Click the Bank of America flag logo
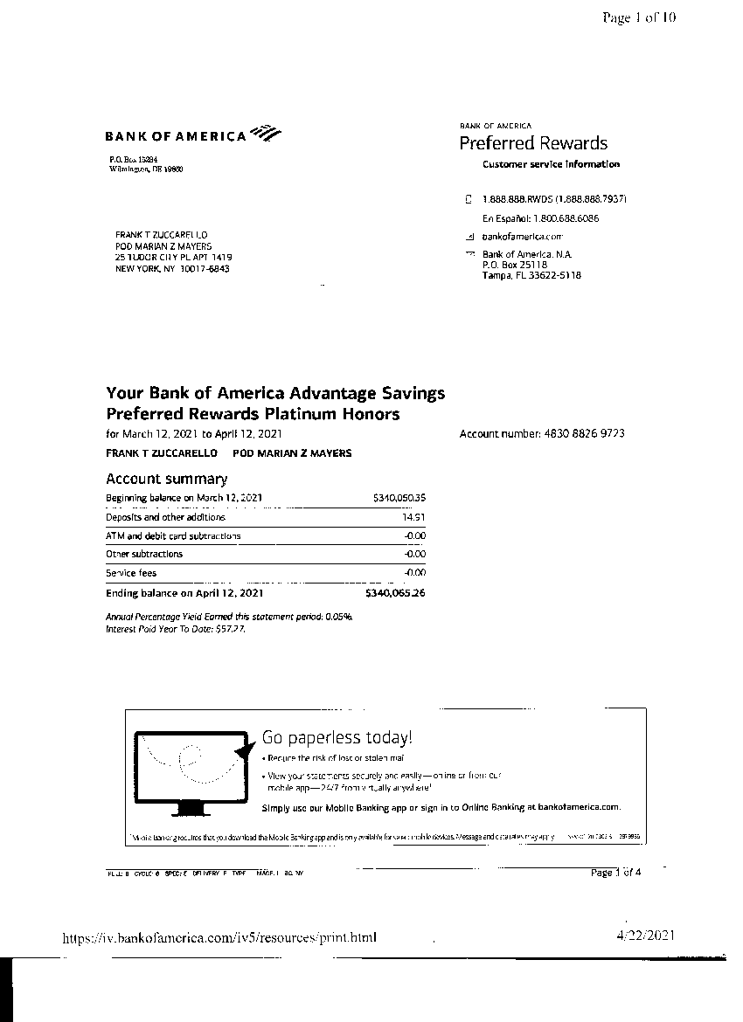click(x=265, y=134)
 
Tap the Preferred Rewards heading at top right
click(x=533, y=143)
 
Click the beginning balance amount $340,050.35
click(x=399, y=498)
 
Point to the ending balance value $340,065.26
click(x=395, y=593)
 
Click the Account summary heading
click(x=166, y=479)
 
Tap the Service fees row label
click(x=131, y=573)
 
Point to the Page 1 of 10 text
click(x=639, y=17)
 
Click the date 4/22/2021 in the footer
click(x=645, y=936)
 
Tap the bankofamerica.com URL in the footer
click(x=219, y=938)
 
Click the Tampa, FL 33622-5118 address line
click(x=531, y=275)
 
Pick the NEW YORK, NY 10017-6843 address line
click(x=172, y=269)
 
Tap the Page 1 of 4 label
click(x=615, y=872)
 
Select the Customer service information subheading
click(x=551, y=164)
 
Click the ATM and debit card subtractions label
click(x=173, y=535)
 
